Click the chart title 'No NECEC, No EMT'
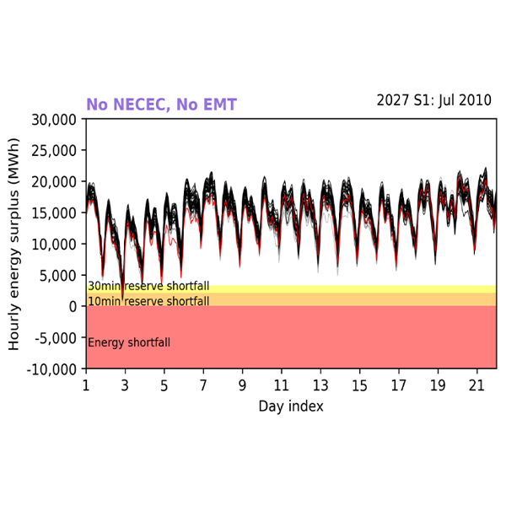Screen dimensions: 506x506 tap(161, 105)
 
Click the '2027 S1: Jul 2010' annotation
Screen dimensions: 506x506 tap(433, 100)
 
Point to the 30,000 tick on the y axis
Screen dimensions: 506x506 tap(54, 119)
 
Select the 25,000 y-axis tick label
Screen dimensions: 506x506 tap(54, 150)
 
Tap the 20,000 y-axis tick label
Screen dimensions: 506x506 tap(54, 181)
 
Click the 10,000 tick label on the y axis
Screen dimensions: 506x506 tap(54, 244)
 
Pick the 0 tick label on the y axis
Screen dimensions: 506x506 tap(74, 306)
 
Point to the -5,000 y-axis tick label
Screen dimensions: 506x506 tap(56, 337)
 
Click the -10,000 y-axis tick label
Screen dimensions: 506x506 tap(52, 369)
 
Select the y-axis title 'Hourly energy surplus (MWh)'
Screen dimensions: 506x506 tap(15, 244)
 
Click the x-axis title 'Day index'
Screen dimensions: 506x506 tap(291, 406)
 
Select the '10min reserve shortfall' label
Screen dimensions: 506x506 tap(148, 301)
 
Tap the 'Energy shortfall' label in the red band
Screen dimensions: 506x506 tap(129, 342)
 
